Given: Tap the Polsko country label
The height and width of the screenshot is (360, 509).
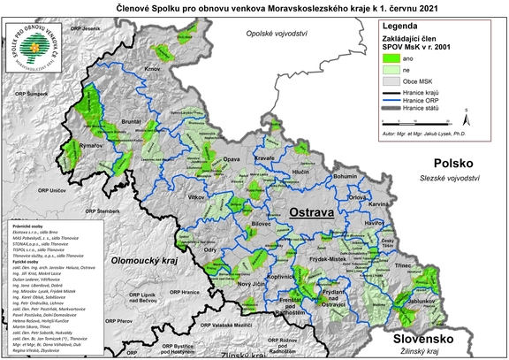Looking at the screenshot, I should point(451,164).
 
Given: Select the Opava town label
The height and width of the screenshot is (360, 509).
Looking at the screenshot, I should point(232,158).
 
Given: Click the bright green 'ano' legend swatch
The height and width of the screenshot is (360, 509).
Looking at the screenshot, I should point(392,57).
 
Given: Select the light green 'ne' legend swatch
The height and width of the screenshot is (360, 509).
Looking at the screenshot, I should point(392,69).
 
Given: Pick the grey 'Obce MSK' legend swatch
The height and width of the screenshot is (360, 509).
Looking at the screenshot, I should point(392,81).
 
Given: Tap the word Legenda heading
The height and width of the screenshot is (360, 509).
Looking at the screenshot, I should point(402,27).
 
